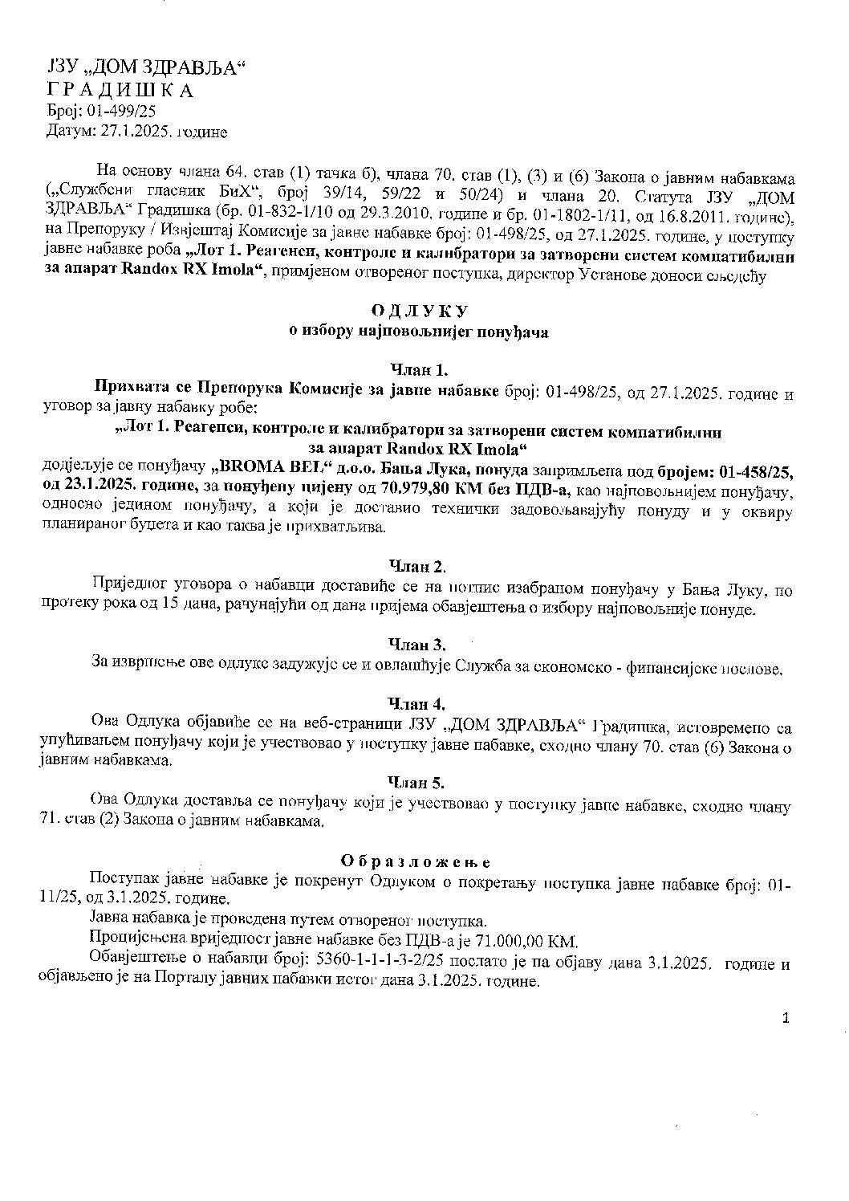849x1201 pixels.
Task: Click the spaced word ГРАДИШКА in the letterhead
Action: click(120, 91)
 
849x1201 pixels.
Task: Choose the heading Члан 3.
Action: click(417, 645)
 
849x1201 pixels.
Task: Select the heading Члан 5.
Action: click(417, 781)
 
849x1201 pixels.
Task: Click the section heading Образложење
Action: click(416, 861)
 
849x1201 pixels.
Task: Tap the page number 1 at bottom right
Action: click(786, 1019)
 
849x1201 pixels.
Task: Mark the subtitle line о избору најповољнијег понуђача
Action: click(419, 332)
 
